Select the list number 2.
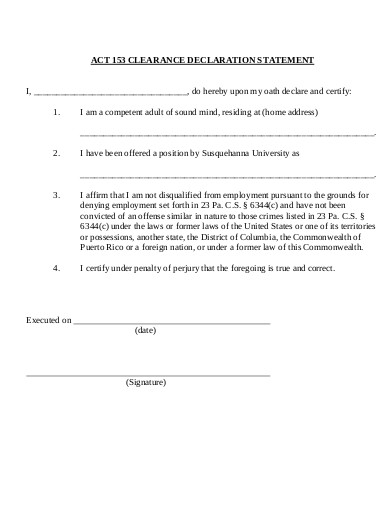[x=56, y=154]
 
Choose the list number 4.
[x=56, y=269]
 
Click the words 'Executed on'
[x=47, y=321]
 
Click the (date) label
[x=146, y=331]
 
